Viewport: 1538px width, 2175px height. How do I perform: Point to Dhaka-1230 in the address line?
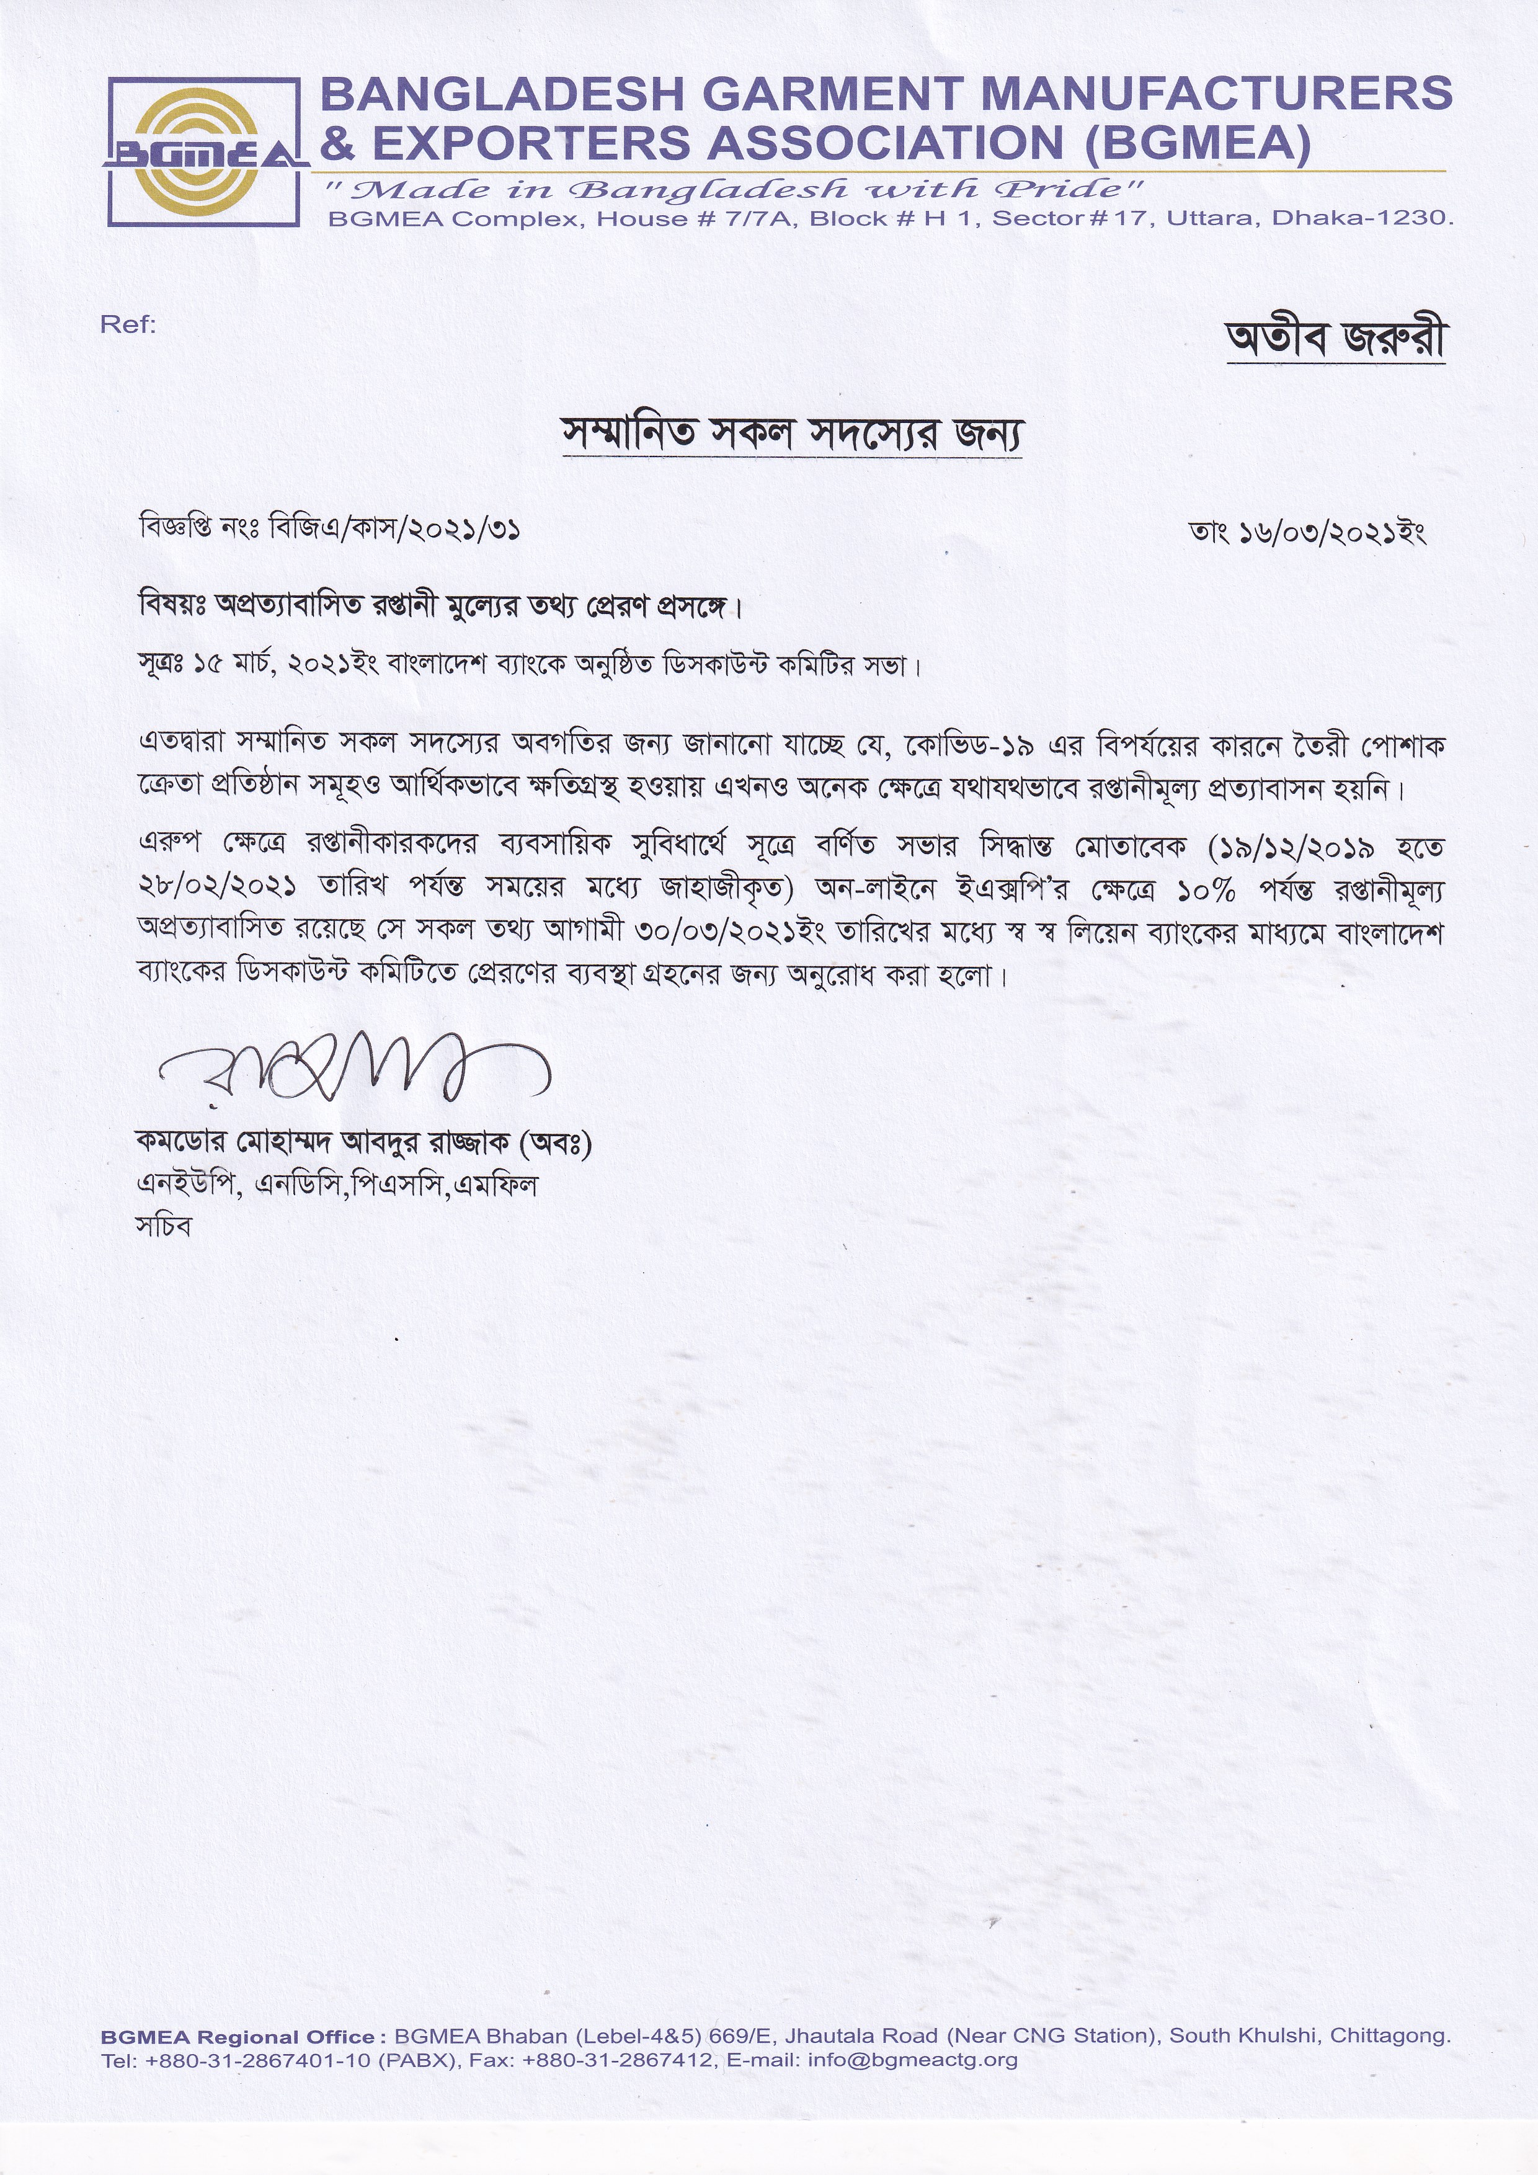tap(1361, 219)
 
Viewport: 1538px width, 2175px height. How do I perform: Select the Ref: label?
tap(128, 325)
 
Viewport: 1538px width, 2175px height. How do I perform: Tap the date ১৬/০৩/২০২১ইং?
tap(1331, 533)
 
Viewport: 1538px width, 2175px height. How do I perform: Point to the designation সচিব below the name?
tap(164, 1227)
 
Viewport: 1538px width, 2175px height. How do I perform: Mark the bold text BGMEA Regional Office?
tap(238, 2035)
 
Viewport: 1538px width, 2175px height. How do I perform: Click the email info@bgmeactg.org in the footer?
tap(912, 2060)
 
